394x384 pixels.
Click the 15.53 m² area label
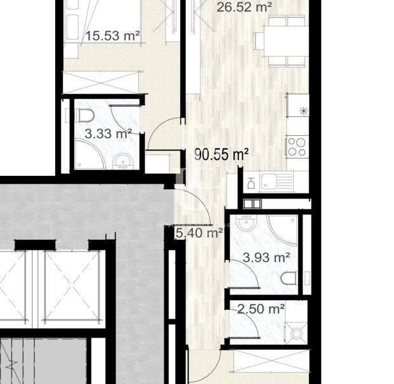click(x=112, y=36)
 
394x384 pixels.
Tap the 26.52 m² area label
click(x=244, y=7)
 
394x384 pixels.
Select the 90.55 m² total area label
click(x=221, y=154)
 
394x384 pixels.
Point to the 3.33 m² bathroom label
click(x=108, y=133)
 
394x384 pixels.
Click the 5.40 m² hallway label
click(x=199, y=233)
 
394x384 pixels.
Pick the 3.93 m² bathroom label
click(x=266, y=257)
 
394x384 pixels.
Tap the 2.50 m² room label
click(x=261, y=308)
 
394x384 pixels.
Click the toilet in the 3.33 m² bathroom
click(x=84, y=116)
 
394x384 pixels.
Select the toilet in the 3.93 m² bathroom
click(x=289, y=279)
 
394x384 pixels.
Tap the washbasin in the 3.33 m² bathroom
click(x=123, y=161)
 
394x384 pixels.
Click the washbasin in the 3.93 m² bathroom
click(x=247, y=222)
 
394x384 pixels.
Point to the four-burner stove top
click(x=297, y=147)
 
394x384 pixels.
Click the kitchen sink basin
click(x=268, y=181)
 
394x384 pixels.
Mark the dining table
click(x=286, y=41)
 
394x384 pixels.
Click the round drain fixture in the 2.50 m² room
click(x=296, y=333)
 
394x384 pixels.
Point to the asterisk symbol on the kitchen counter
click(x=304, y=111)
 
